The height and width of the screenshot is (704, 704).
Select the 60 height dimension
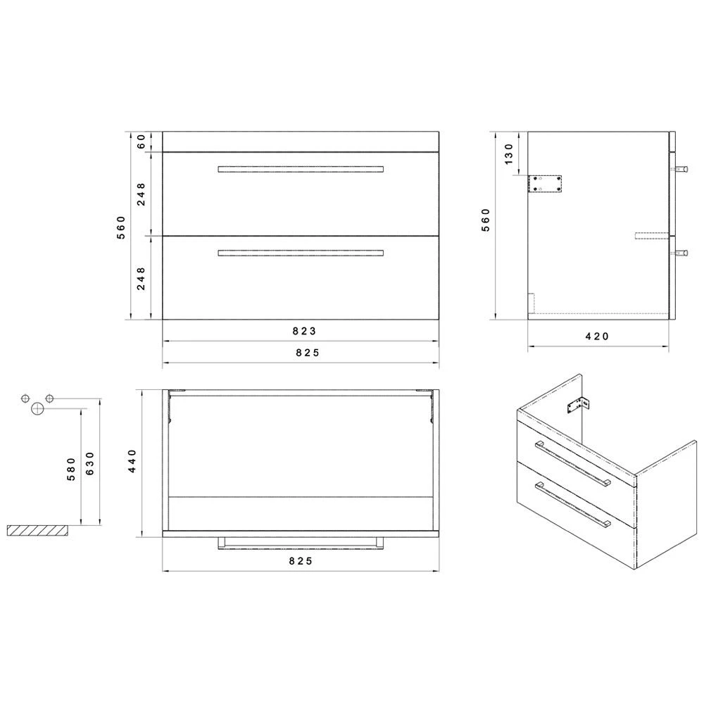click(x=142, y=141)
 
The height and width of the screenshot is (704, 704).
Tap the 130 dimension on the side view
click(x=509, y=153)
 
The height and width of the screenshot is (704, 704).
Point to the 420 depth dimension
click(x=597, y=337)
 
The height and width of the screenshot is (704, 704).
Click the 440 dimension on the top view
click(x=132, y=462)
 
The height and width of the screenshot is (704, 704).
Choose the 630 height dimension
click(x=89, y=464)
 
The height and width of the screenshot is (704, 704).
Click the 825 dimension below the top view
click(x=300, y=561)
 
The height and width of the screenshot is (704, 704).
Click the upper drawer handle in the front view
click(x=301, y=169)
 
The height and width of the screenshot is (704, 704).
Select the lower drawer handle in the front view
click(x=301, y=253)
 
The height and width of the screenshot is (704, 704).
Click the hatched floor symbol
click(x=39, y=530)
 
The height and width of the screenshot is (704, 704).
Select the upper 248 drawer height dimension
click(x=142, y=194)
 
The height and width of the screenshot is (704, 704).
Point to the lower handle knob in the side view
click(x=682, y=252)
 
